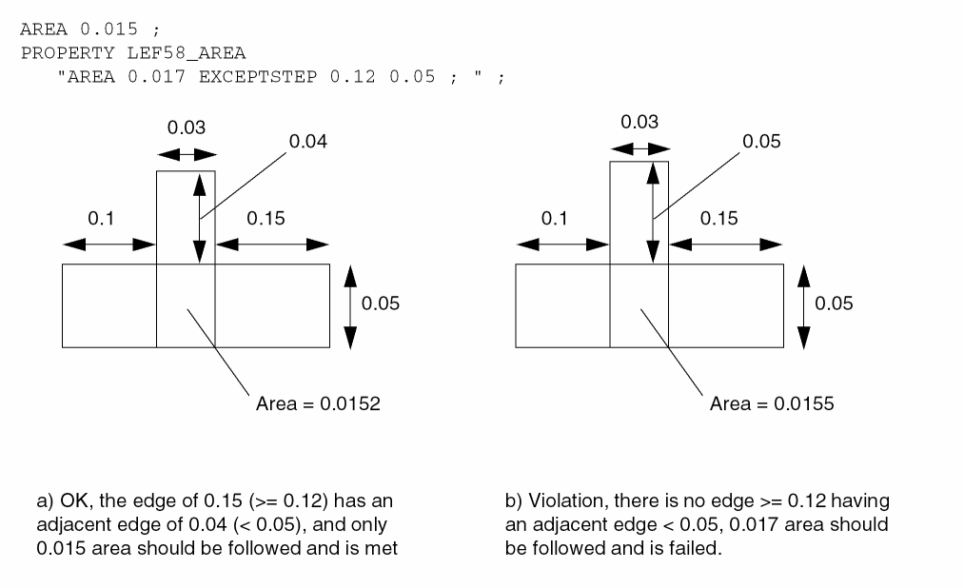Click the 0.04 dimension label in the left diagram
(309, 142)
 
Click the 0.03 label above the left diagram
(186, 127)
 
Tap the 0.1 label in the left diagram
(101, 219)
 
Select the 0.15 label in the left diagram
(266, 219)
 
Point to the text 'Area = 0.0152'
(318, 403)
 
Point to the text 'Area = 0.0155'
(772, 403)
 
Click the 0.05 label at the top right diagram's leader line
(762, 142)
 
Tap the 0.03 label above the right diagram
(639, 122)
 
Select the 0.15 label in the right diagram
(718, 219)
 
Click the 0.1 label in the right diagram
(554, 219)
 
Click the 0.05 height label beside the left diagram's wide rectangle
(381, 304)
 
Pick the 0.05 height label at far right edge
(834, 304)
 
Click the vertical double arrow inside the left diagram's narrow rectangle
(198, 218)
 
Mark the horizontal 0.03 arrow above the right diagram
(639, 148)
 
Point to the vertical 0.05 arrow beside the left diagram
(350, 304)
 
